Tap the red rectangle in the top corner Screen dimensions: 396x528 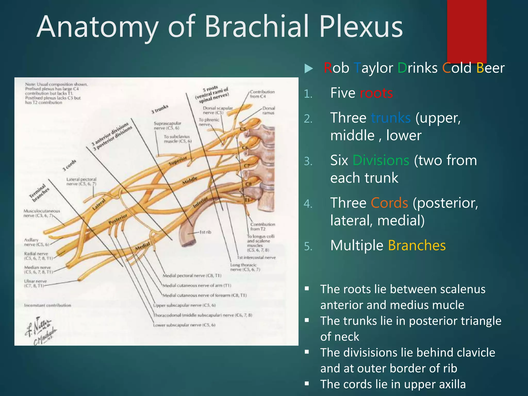(x=467, y=31)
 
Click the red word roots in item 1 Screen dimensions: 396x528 (x=376, y=93)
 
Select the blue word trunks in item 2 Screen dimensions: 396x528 (x=391, y=118)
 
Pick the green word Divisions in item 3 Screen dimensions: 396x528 (x=381, y=160)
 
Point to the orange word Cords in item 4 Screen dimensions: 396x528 (x=389, y=203)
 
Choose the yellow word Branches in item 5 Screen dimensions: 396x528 (x=417, y=245)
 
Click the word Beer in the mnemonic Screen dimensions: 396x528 (x=490, y=68)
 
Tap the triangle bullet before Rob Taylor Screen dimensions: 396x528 (x=308, y=69)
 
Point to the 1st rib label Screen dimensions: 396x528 (x=205, y=232)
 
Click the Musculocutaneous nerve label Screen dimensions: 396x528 (x=41, y=213)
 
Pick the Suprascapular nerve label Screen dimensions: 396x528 (x=167, y=126)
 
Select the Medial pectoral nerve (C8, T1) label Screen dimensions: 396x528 (x=192, y=276)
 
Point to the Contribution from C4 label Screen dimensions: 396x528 (x=262, y=94)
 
